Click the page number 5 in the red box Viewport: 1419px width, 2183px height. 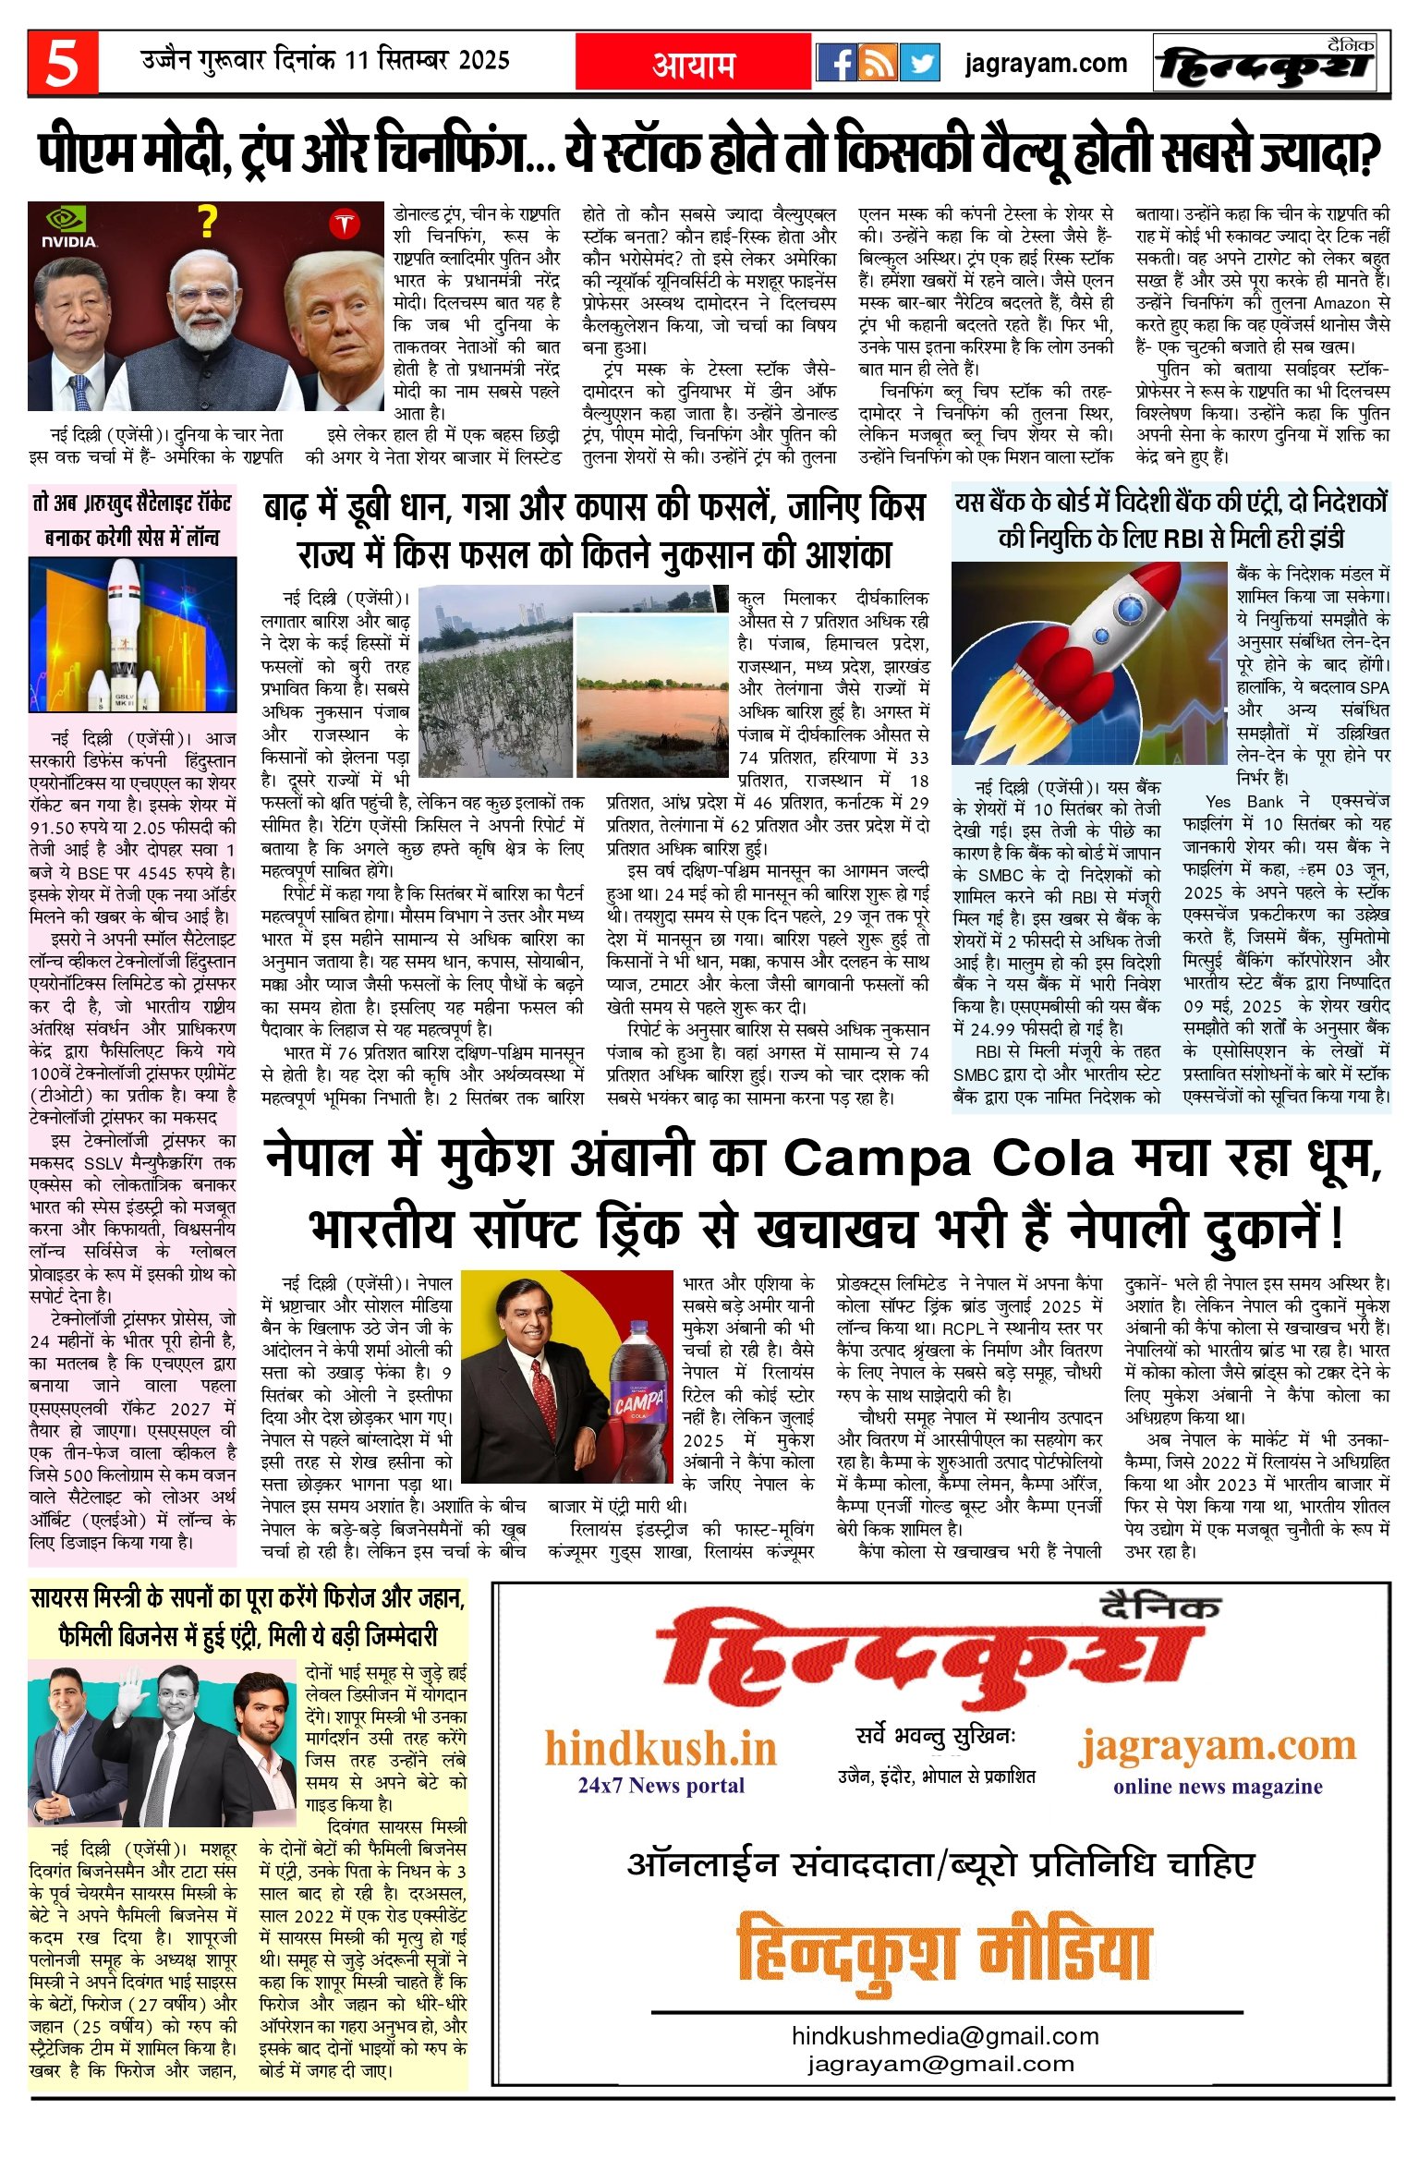pos(63,64)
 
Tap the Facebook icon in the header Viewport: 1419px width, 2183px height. pos(837,63)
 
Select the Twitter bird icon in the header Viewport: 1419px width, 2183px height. pos(919,63)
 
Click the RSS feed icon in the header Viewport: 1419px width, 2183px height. pos(878,63)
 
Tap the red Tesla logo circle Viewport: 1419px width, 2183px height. pos(344,224)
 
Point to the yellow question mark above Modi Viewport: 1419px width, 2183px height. pos(208,223)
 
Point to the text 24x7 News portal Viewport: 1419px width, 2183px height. pos(661,1785)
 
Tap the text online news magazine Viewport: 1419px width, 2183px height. pos(1218,1786)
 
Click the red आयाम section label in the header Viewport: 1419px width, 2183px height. pos(694,64)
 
